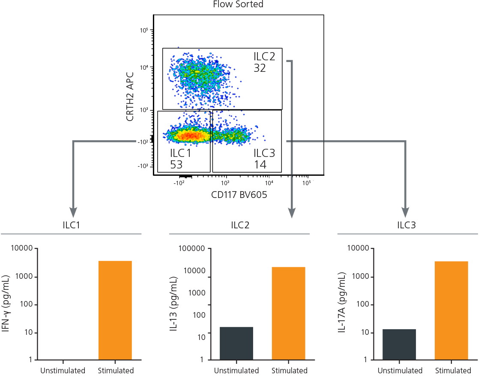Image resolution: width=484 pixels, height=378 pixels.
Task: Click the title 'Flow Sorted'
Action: tap(238, 5)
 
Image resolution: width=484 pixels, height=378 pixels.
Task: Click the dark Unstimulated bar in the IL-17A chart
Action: tap(399, 344)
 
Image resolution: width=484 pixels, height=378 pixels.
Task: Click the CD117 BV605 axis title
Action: tap(239, 195)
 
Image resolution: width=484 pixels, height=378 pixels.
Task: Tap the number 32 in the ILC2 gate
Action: tap(260, 68)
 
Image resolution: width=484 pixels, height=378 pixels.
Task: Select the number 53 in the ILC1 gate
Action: tap(176, 165)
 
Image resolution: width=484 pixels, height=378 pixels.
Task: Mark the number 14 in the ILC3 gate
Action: tap(260, 165)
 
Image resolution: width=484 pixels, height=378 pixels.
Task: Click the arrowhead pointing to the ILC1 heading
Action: tap(73, 213)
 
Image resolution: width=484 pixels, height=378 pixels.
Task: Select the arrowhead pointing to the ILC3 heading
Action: tap(405, 213)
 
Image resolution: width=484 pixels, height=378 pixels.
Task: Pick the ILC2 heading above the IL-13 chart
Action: tap(239, 225)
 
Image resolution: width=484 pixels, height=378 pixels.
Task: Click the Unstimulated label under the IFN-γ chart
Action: tap(63, 371)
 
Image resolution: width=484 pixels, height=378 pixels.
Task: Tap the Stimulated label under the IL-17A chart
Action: tap(452, 371)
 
